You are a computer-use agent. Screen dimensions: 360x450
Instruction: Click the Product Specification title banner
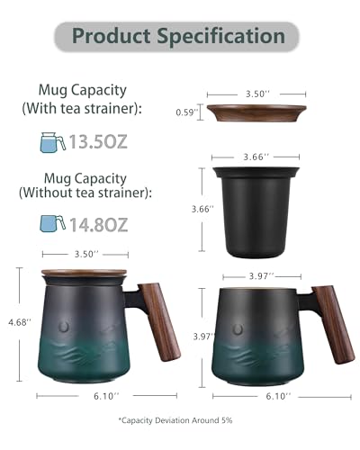click(x=176, y=37)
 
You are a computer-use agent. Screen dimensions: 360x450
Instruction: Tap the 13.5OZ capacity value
click(x=98, y=142)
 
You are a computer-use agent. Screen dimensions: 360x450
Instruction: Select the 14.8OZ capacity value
click(x=99, y=225)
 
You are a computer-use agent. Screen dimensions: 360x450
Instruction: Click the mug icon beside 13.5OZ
click(x=53, y=142)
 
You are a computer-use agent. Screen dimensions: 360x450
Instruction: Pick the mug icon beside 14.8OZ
click(x=53, y=223)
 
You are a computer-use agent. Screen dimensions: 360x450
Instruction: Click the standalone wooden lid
click(x=256, y=112)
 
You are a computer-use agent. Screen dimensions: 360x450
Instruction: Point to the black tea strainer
click(x=256, y=212)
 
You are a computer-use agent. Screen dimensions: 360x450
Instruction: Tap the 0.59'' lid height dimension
click(x=187, y=112)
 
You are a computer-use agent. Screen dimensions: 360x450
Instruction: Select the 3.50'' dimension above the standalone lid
click(x=257, y=94)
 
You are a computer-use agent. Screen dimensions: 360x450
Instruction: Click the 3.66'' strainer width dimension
click(x=256, y=157)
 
